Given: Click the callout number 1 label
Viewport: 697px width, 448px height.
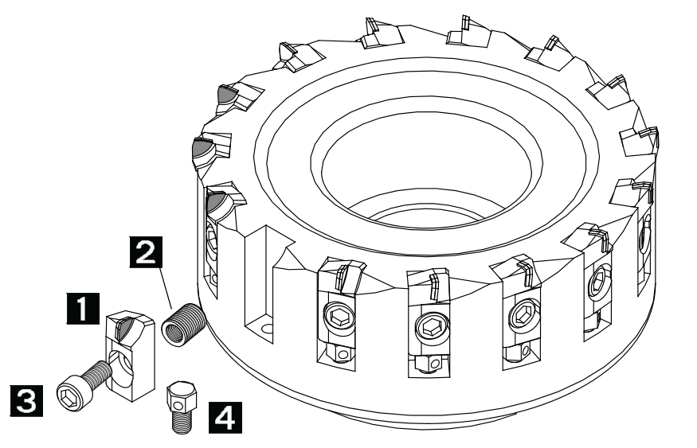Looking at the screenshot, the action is point(83,309).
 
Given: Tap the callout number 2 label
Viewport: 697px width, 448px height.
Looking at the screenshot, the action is point(146,252).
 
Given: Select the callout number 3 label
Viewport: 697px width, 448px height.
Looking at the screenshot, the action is point(27,401).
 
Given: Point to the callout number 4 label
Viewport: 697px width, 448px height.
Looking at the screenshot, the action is point(225,418).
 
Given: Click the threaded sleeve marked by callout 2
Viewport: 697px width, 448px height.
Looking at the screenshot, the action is point(183,323).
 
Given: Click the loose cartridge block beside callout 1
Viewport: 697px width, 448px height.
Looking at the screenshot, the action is point(131,356).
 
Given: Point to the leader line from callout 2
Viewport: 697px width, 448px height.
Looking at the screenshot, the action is point(163,288).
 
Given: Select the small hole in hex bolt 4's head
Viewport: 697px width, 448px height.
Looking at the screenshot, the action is point(178,405).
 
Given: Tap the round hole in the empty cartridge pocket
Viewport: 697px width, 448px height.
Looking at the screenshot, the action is point(267,329).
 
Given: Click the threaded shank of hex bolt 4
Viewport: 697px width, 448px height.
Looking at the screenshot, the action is point(182,422).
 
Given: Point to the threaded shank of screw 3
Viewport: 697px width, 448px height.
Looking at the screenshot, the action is point(98,373).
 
